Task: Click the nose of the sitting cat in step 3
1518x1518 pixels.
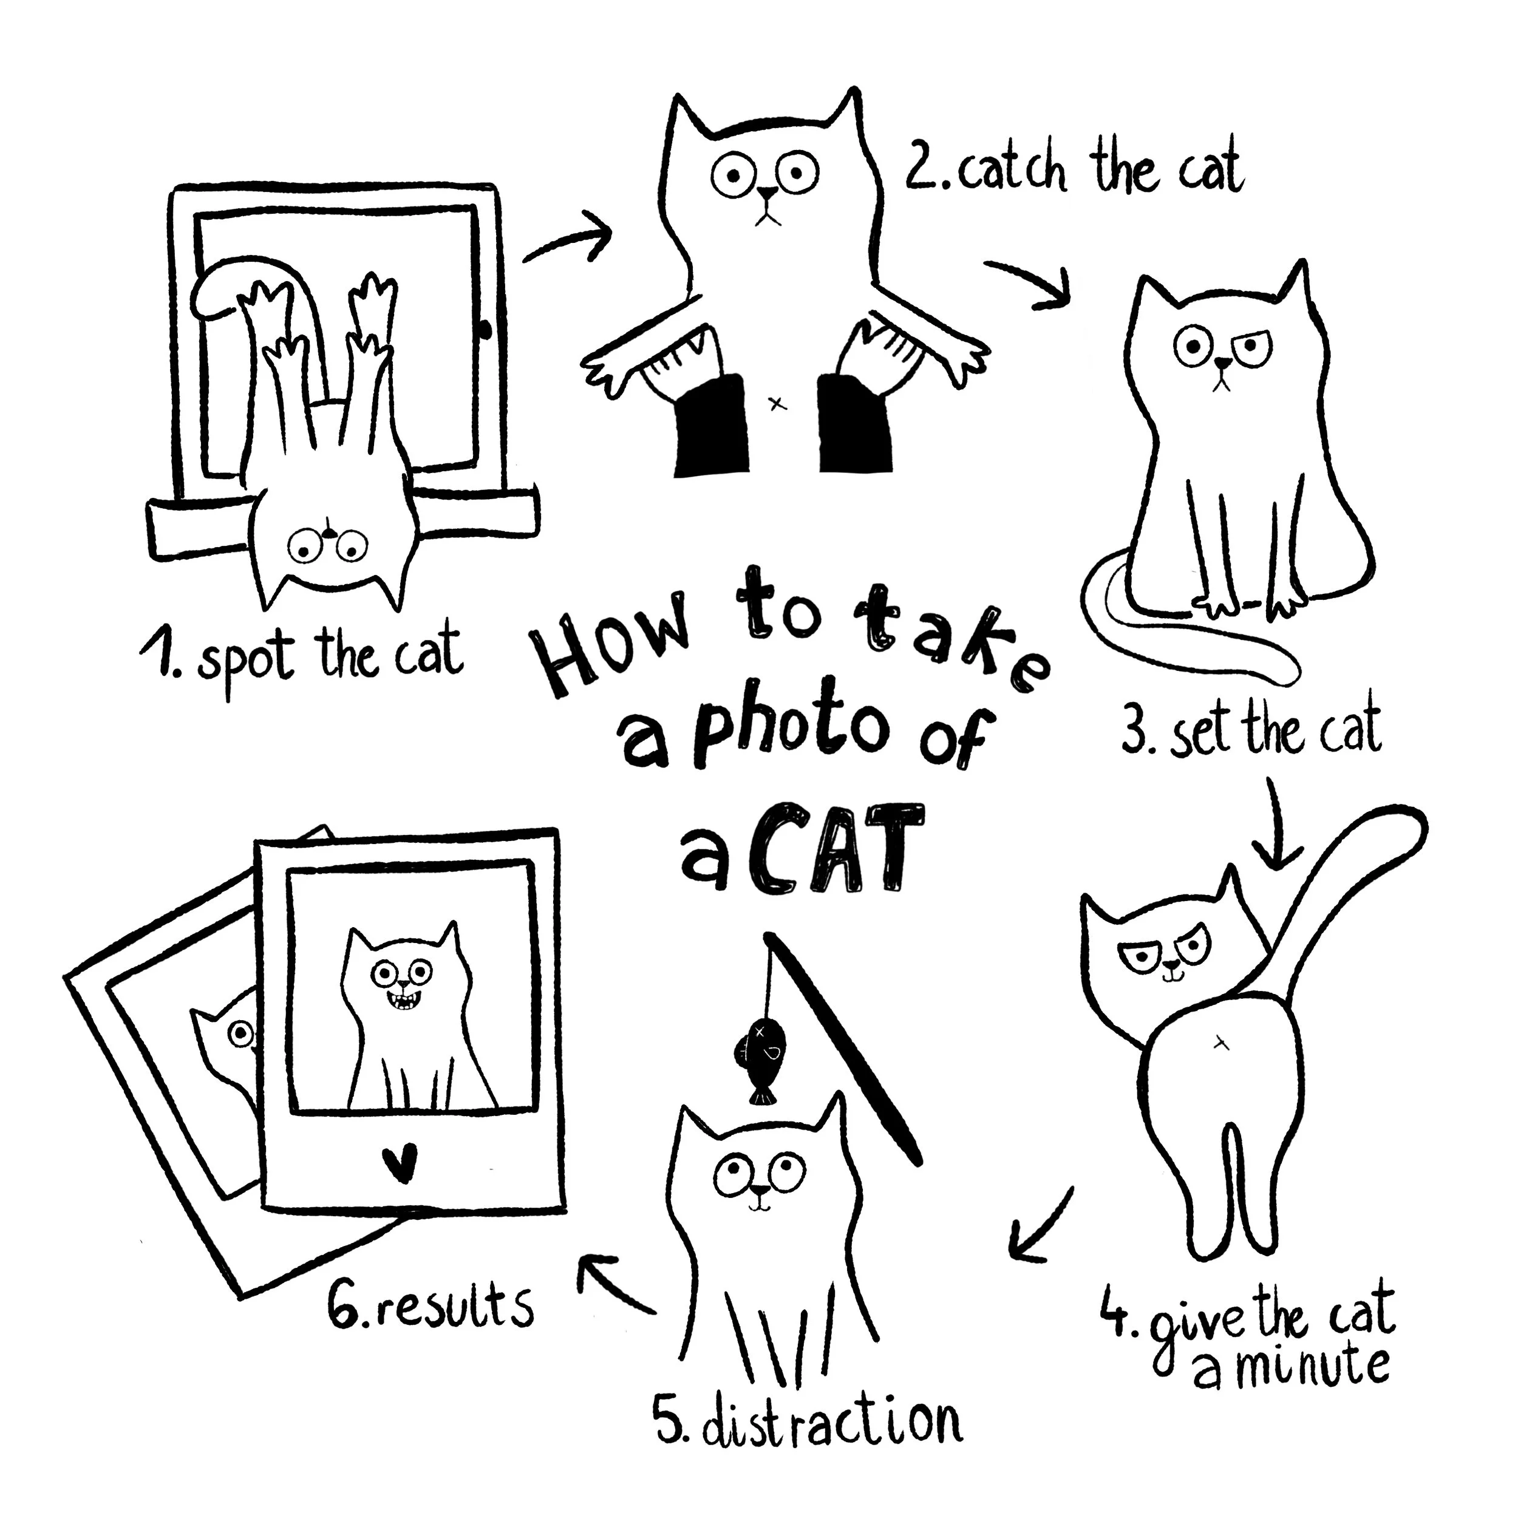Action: [1222, 363]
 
